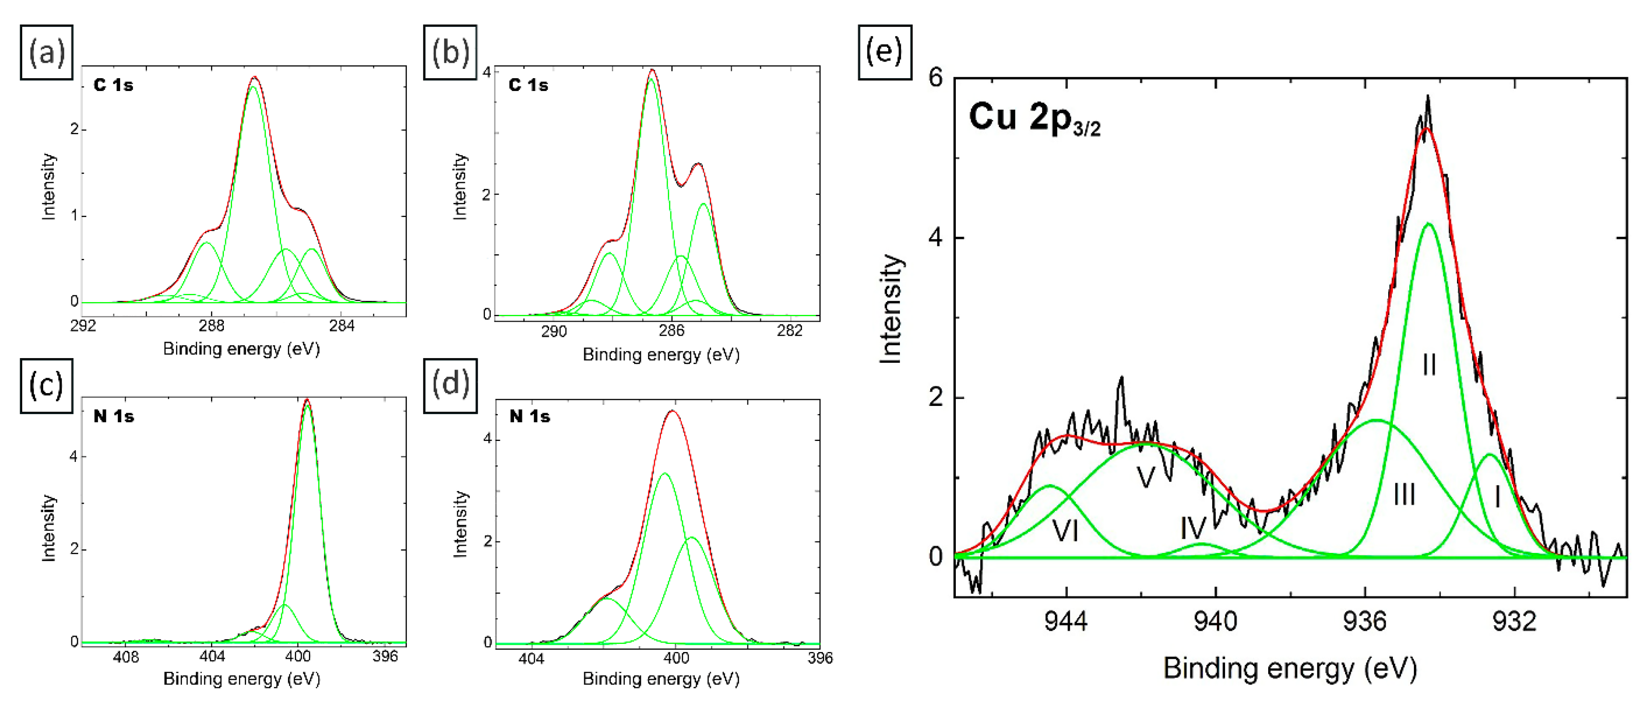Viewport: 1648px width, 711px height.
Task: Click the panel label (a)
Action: coord(47,53)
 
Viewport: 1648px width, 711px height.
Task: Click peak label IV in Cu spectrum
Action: coord(1193,529)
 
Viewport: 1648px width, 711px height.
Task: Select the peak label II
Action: coord(1428,365)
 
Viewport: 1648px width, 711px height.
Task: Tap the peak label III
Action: coord(1404,494)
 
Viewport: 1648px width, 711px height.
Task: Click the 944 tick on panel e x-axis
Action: coord(1066,621)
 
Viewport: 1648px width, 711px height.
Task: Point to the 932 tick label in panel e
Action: coord(1514,621)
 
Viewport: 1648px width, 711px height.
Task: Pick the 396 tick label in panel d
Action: coord(820,658)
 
